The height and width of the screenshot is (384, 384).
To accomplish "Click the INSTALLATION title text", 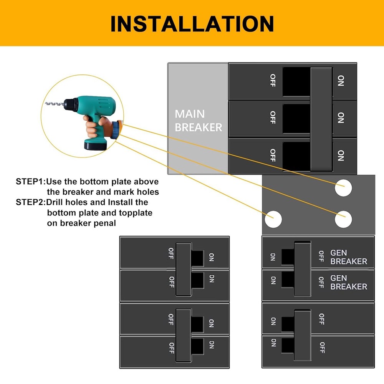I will pos(192,23).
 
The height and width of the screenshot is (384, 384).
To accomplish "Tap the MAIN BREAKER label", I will pos(198,121).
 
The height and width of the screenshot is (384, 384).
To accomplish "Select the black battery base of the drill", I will pos(95,146).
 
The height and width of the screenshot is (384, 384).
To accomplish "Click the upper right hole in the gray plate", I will pos(343,188).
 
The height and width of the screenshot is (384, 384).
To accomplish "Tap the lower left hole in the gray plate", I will pos(273,219).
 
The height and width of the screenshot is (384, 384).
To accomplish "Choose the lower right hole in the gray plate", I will pos(343,219).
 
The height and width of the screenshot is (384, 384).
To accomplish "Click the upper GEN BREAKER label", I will pos(348,257).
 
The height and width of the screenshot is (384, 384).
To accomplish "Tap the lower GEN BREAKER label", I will pos(348,282).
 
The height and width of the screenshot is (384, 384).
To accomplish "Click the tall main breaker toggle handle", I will pos(321,119).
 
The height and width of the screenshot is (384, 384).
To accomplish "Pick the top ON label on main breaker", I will pos(341,81).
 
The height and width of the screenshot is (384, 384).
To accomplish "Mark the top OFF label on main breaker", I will pos(273,81).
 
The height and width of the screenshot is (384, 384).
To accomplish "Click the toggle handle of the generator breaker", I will pos(302,269).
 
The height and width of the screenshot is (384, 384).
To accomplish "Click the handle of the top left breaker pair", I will pos(183,269).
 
